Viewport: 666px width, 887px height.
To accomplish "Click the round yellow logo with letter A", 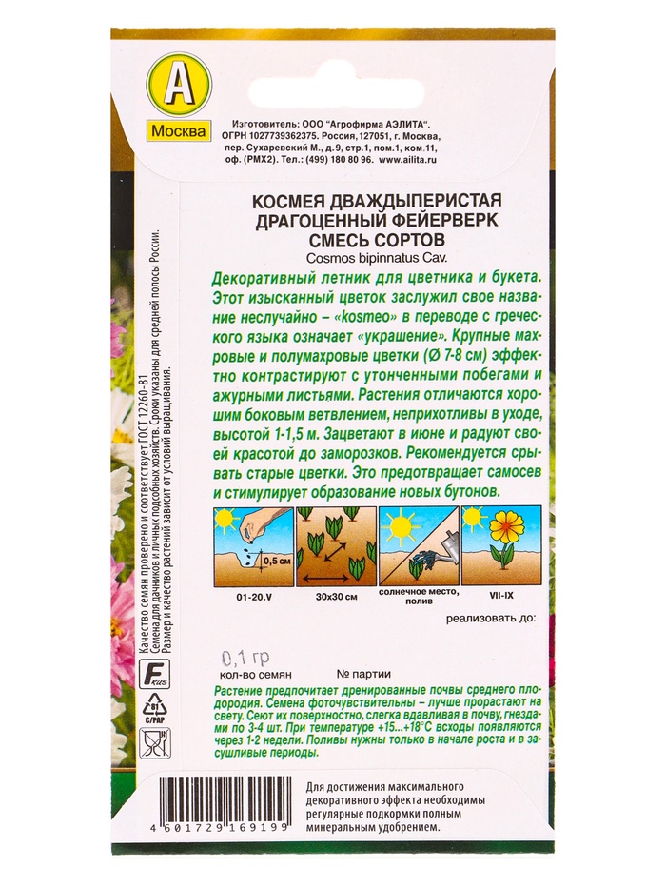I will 179,87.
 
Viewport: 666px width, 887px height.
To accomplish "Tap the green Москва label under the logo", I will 179,131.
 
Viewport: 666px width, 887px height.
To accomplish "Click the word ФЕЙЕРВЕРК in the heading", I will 432,219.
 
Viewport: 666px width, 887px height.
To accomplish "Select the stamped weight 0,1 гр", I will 245,658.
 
